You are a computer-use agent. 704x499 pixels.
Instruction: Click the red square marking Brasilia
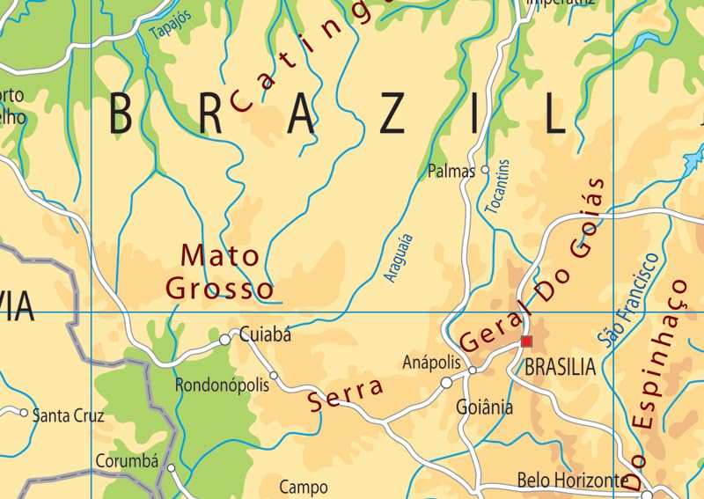[x=526, y=341]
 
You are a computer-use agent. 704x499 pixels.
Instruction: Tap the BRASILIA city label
[x=560, y=367]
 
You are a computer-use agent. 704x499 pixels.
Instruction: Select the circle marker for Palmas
[x=485, y=170]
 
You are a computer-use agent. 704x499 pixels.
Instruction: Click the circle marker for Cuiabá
[x=224, y=339]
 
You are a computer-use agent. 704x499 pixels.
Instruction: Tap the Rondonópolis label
[x=220, y=385]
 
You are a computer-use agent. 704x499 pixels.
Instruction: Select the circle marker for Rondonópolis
[x=274, y=376]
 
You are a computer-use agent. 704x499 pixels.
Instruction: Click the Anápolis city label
[x=431, y=362]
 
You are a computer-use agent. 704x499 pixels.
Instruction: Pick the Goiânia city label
[x=484, y=407]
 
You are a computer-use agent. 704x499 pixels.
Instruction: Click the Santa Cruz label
[x=68, y=415]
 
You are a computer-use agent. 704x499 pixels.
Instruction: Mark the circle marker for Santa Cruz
[x=24, y=411]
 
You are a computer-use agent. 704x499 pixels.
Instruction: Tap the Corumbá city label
[x=126, y=460]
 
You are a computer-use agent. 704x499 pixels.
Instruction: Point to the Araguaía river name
[x=399, y=257]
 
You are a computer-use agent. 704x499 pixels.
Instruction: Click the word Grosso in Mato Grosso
[x=219, y=288]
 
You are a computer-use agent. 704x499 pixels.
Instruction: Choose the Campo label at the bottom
[x=303, y=487]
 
